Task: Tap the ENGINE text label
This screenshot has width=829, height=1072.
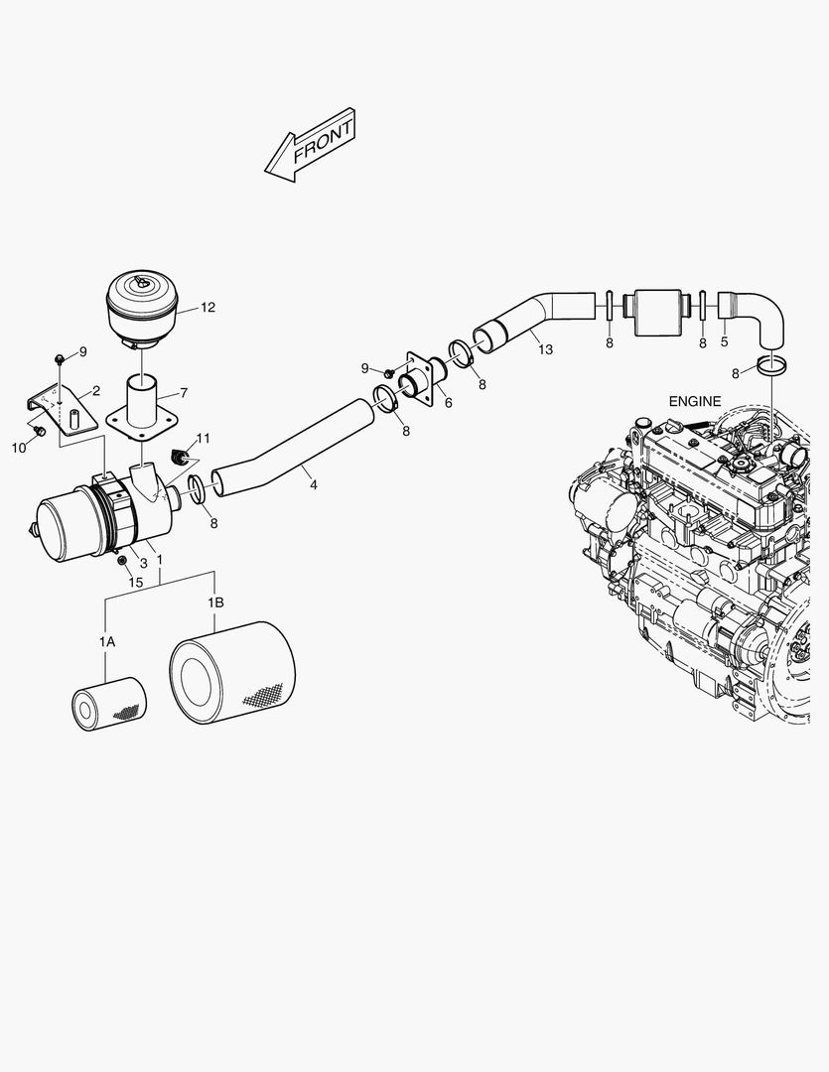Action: point(695,401)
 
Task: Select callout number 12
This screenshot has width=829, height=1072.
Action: point(207,308)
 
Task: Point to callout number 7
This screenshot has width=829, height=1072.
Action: point(182,394)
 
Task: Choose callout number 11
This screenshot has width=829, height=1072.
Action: point(203,438)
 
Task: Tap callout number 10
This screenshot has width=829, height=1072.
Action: point(18,448)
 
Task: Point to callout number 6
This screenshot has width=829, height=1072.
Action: point(448,402)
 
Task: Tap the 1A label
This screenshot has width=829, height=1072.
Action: point(106,642)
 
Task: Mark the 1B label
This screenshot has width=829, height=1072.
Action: point(215,603)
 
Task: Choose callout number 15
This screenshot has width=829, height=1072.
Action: point(137,583)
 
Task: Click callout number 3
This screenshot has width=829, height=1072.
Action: point(143,562)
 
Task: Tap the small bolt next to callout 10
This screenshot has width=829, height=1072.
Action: point(40,432)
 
